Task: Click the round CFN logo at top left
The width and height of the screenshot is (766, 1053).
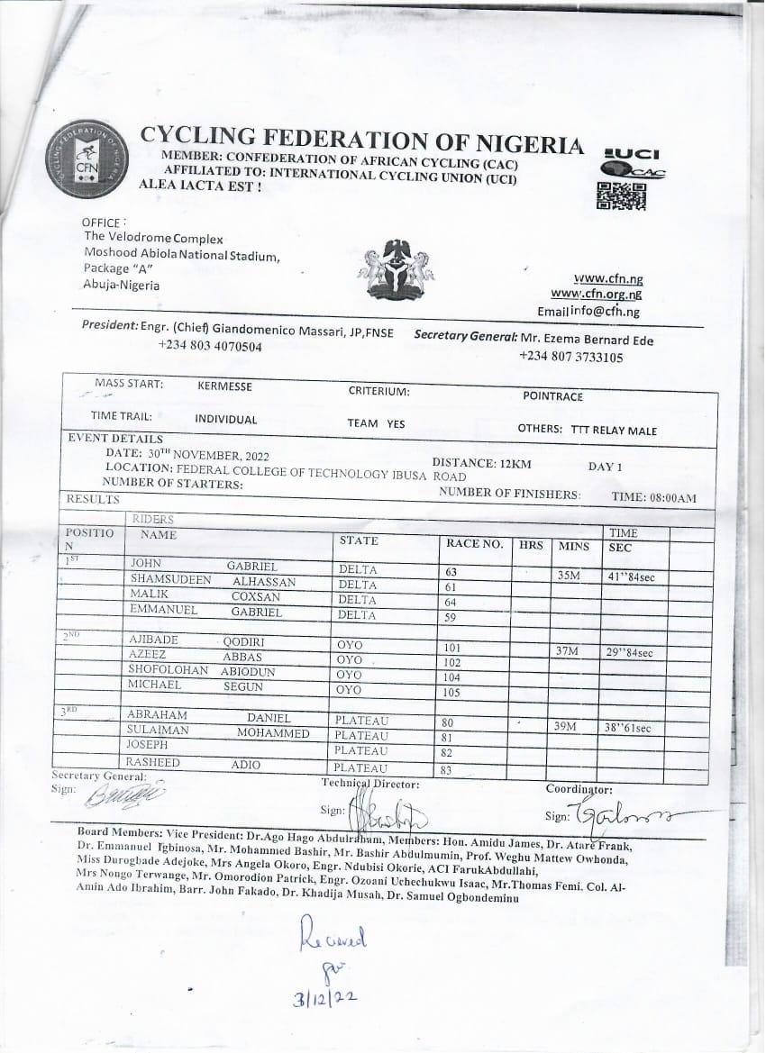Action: click(87, 161)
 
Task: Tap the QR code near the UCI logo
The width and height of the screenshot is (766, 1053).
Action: click(622, 195)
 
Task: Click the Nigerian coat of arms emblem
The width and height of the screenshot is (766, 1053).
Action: click(396, 269)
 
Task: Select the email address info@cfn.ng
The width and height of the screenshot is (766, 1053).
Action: click(598, 312)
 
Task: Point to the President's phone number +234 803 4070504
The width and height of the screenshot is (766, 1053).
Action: click(210, 346)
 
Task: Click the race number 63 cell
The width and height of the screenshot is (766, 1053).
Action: click(451, 572)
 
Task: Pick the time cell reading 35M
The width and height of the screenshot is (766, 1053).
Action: click(569, 575)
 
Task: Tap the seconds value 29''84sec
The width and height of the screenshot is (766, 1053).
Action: click(631, 653)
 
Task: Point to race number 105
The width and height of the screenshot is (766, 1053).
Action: click(451, 693)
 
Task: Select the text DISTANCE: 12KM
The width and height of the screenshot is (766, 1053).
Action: click(481, 462)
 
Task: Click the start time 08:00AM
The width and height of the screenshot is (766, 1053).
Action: click(668, 498)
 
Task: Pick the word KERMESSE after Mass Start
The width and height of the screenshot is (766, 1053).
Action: click(224, 386)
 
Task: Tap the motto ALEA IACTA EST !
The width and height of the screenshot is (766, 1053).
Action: click(200, 186)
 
